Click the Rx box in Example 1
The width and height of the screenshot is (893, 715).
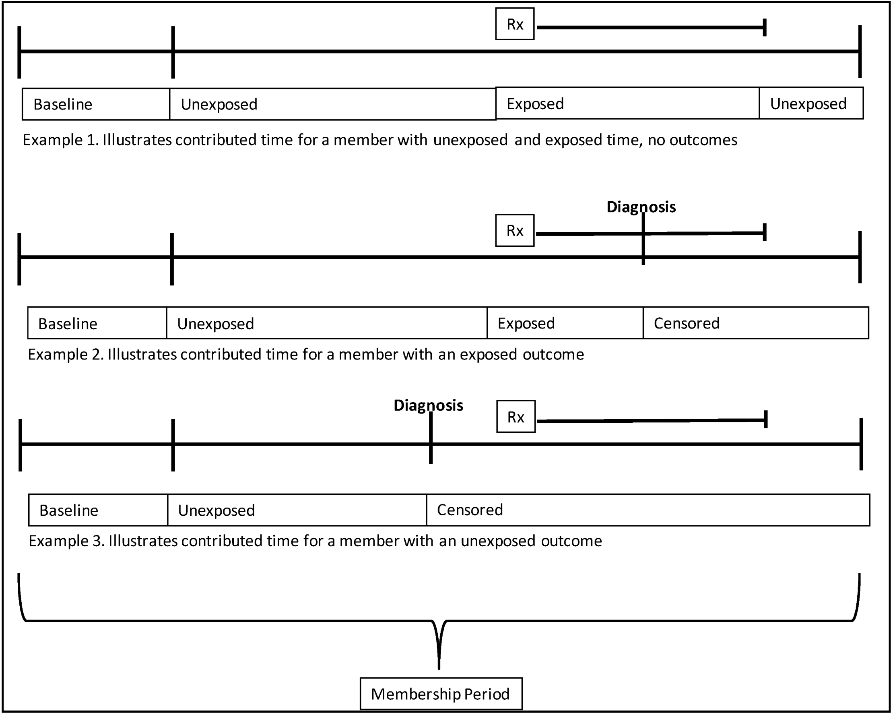(x=515, y=24)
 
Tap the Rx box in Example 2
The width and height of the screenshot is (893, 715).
(x=515, y=230)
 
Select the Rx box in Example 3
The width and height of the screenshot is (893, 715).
(x=516, y=417)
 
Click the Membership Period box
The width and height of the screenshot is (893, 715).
(x=441, y=694)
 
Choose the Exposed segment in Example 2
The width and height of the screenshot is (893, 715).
(x=565, y=323)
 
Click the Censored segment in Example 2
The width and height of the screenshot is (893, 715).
(x=755, y=323)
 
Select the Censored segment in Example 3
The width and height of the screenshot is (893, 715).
(x=648, y=510)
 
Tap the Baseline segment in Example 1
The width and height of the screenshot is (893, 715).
(x=96, y=104)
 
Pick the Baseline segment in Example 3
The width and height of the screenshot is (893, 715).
(x=98, y=510)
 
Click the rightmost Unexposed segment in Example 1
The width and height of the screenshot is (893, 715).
(x=811, y=103)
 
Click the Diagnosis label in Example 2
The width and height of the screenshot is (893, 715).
(x=641, y=207)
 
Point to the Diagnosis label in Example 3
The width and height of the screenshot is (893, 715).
(x=428, y=405)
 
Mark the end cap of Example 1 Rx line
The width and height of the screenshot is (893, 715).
(x=765, y=27)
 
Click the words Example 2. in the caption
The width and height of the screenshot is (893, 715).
(x=66, y=355)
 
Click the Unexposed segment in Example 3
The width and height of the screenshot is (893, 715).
(x=297, y=510)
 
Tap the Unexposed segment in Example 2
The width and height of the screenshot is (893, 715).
(x=326, y=324)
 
